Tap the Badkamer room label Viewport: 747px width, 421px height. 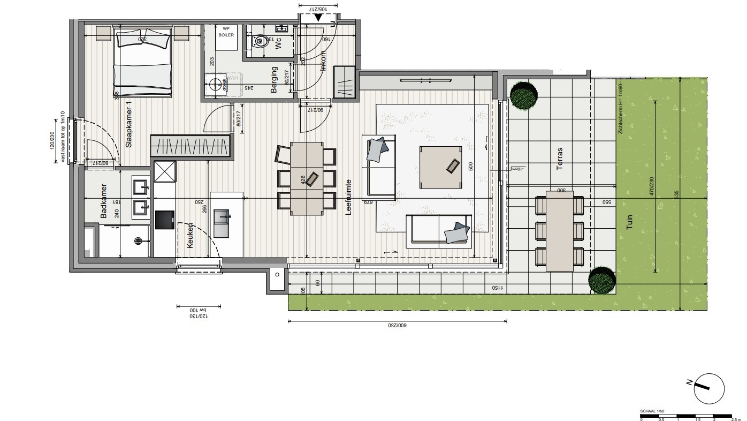[104, 201]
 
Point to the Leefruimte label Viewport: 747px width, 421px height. [348, 197]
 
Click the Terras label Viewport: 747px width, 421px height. [560, 159]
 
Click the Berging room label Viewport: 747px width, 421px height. [275, 80]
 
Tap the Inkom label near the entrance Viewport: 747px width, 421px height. [323, 61]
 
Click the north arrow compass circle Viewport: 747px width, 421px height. [708, 389]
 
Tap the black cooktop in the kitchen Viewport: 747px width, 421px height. [165, 220]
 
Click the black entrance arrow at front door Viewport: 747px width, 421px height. [318, 17]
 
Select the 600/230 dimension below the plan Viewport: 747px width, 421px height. [398, 325]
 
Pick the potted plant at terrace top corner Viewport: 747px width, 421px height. [524, 95]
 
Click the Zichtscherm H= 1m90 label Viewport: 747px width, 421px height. [620, 110]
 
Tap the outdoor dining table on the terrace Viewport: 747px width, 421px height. [559, 231]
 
